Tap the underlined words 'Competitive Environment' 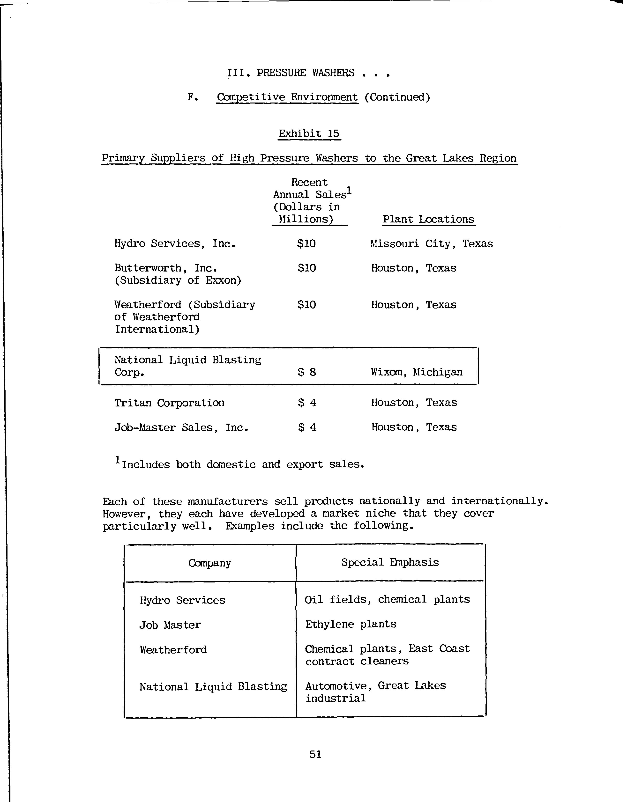click(x=287, y=97)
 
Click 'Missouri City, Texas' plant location click(x=432, y=243)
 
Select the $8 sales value click(x=307, y=372)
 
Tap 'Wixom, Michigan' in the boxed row click(x=417, y=372)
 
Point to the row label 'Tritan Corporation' click(x=169, y=403)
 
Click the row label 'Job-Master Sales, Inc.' click(x=181, y=427)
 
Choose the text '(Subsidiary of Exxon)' click(x=178, y=280)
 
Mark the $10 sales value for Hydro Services click(x=306, y=243)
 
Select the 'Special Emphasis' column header click(x=390, y=562)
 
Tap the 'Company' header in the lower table click(x=210, y=563)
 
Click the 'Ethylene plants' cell click(x=351, y=624)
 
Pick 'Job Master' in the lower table click(x=170, y=625)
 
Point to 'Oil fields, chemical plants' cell click(x=387, y=599)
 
